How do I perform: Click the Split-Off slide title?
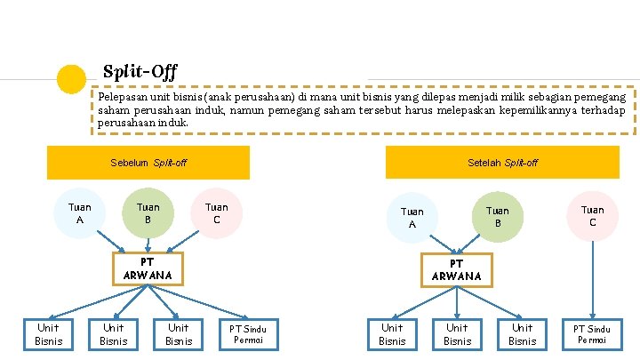point(140,70)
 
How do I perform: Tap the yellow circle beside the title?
point(71,78)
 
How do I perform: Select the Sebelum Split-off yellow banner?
point(148,163)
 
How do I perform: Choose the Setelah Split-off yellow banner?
point(501,163)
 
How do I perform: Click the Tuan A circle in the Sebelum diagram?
point(80,213)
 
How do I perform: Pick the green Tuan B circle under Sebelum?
point(148,213)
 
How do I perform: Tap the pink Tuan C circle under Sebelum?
point(216,213)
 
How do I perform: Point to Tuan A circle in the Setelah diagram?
point(412,218)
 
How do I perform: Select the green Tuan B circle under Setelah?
point(498,216)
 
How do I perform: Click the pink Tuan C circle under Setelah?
point(592,216)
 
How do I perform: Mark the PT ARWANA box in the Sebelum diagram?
point(148,268)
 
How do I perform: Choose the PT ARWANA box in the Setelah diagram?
point(456,269)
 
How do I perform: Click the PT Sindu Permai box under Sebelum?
point(254,334)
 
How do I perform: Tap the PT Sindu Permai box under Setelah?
point(592,334)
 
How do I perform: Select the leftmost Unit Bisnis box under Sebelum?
point(48,334)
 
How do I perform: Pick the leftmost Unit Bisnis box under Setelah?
point(392,334)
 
